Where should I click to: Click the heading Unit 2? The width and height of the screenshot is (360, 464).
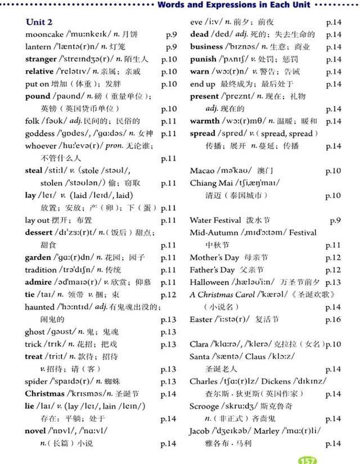tap(39, 22)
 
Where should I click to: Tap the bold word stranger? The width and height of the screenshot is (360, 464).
tap(41, 59)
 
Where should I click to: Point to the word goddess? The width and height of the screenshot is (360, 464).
tap(41, 133)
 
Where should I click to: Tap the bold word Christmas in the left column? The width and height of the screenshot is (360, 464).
tap(44, 394)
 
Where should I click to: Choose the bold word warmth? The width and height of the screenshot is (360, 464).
tap(205, 121)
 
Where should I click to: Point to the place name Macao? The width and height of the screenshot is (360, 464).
tap(202, 171)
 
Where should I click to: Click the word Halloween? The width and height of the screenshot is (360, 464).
tap(209, 282)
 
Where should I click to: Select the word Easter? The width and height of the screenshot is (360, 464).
tap(201, 319)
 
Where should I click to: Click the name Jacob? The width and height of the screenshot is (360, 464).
tap(200, 431)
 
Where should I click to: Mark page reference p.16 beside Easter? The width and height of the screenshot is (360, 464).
tap(333, 319)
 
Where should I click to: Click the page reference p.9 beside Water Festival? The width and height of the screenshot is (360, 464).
tap(335, 220)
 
